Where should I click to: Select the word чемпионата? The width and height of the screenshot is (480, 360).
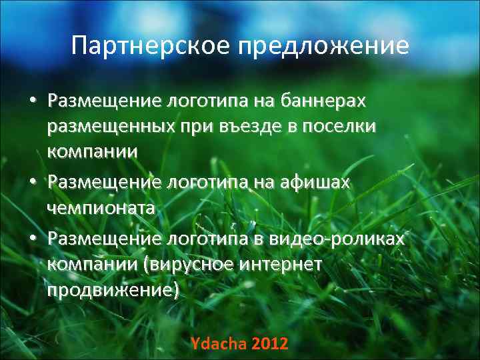[x=101, y=207]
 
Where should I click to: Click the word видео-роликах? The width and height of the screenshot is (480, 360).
[x=343, y=238]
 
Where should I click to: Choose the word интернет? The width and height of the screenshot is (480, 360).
[x=286, y=264]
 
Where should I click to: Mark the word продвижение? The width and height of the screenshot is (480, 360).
[x=113, y=290]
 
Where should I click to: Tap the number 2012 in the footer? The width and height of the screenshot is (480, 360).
[x=270, y=344]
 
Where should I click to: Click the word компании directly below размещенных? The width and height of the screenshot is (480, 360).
[x=92, y=151]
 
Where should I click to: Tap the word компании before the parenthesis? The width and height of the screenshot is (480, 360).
[x=92, y=264]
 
